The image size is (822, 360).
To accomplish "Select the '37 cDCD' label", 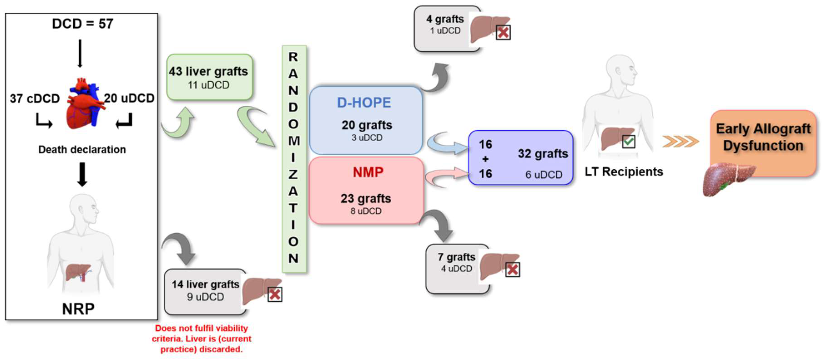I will pos(35,98).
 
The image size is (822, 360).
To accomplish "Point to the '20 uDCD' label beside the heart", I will pos(129,98).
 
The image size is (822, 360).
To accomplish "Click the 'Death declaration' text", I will pos(82,149).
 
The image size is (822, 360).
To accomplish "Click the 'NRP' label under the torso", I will pos(78,309).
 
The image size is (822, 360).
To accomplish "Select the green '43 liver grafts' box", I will pos(209,77).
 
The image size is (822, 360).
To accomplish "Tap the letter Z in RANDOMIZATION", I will pos(293,174).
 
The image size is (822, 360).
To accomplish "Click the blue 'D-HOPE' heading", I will pos(364,103).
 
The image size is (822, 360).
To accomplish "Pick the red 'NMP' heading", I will pos(368,172).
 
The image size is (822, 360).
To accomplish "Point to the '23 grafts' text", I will pos(366,199).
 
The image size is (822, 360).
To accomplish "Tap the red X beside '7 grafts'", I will pos(512,270).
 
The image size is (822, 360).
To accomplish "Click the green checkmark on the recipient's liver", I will pos(628,142).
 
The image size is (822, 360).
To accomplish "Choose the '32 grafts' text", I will pos(543,154).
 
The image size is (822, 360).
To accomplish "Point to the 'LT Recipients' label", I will pos(623,172).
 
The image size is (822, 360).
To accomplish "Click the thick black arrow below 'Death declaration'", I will pos(82,174).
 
